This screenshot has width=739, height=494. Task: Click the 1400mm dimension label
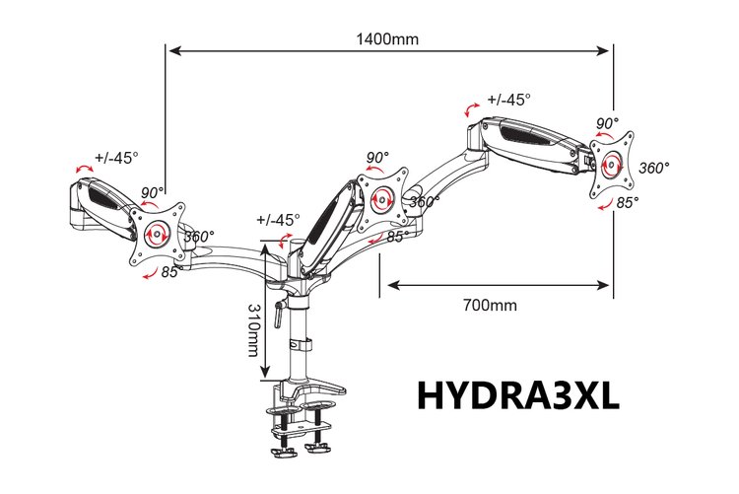(387, 38)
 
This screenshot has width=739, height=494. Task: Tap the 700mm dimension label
(490, 306)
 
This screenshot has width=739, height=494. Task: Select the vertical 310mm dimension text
(254, 329)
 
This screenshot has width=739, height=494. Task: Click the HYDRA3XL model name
(518, 395)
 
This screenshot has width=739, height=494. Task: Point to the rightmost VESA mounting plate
(611, 165)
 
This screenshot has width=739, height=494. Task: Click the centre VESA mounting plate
(381, 199)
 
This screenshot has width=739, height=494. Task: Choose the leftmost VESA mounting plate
(157, 234)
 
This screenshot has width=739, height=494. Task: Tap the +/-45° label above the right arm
(509, 100)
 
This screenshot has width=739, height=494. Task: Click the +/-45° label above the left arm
(116, 158)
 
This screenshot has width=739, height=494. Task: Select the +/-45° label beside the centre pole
(278, 220)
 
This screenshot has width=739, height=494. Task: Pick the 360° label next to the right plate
(654, 168)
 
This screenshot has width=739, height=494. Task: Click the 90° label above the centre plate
(378, 157)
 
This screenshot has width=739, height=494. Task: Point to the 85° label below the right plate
(628, 202)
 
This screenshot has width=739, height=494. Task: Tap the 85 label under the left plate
(169, 272)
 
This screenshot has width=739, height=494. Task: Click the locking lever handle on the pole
(278, 314)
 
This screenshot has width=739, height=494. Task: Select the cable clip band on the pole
(301, 344)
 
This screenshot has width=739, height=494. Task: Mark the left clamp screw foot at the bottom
(283, 452)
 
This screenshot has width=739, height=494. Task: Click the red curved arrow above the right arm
(471, 109)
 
